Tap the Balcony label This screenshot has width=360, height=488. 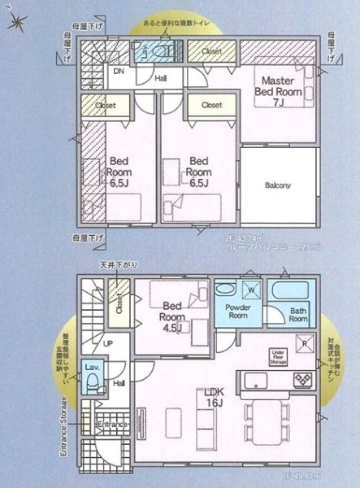pos(278,185)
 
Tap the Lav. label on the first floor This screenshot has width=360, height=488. pos(92,367)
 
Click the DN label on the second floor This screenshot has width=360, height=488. pos(118,72)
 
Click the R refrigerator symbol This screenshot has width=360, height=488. pos(303,343)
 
